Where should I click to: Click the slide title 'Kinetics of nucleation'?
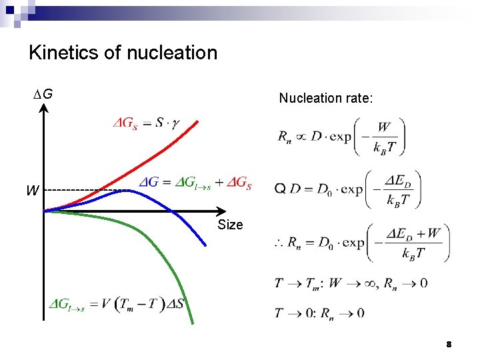click(123, 53)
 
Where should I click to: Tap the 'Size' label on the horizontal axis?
click(230, 225)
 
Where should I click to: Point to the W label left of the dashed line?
click(32, 191)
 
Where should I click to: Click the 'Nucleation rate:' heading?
click(326, 98)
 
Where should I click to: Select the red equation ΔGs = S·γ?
click(145, 123)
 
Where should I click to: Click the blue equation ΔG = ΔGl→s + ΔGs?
click(195, 183)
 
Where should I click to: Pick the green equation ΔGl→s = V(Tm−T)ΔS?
click(117, 306)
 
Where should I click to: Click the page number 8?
click(449, 344)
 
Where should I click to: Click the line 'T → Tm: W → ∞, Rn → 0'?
click(351, 283)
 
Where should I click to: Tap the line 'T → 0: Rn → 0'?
click(319, 313)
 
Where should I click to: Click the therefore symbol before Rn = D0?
click(280, 244)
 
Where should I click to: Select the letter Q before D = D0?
click(280, 189)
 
